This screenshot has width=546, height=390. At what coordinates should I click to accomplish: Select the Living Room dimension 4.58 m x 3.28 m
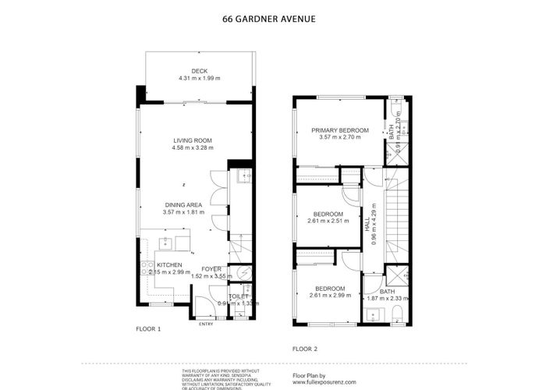click(193, 147)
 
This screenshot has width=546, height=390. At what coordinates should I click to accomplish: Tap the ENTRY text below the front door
click(206, 324)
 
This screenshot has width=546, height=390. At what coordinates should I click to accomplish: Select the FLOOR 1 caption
click(148, 329)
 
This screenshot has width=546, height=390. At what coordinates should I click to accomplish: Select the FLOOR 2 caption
click(305, 349)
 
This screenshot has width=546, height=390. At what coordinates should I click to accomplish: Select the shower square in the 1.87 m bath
click(396, 277)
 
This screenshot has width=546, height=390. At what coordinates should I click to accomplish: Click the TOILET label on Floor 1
click(239, 296)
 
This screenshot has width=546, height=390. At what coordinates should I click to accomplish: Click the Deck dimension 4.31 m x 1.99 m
click(200, 78)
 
